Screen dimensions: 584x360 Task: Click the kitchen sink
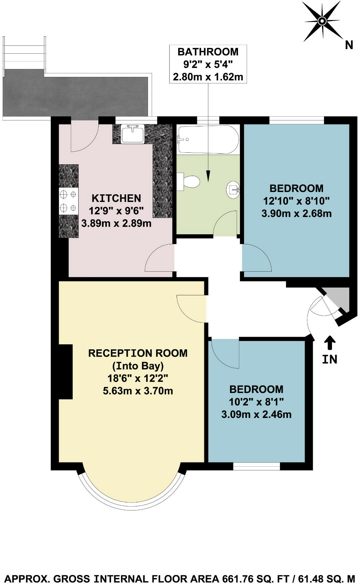pos(133,134)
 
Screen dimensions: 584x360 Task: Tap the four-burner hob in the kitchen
pos(69,201)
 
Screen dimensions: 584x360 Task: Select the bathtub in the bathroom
pos(208,139)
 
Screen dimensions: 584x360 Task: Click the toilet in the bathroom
pos(189,182)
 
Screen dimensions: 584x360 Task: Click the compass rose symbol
pos(322,21)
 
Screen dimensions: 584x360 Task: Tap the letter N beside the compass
pos(349,45)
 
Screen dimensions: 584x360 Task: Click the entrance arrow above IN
pos(330,342)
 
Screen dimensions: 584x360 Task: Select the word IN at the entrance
pos(330,359)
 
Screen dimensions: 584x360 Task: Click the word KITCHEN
pos(116,198)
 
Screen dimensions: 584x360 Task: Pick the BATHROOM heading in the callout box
pos(208,52)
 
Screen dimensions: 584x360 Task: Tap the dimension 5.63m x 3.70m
pos(138,391)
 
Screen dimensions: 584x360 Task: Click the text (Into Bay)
pos(138,366)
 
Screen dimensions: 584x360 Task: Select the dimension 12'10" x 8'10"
pos(296,201)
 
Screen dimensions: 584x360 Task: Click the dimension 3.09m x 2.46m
pos(256,415)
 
